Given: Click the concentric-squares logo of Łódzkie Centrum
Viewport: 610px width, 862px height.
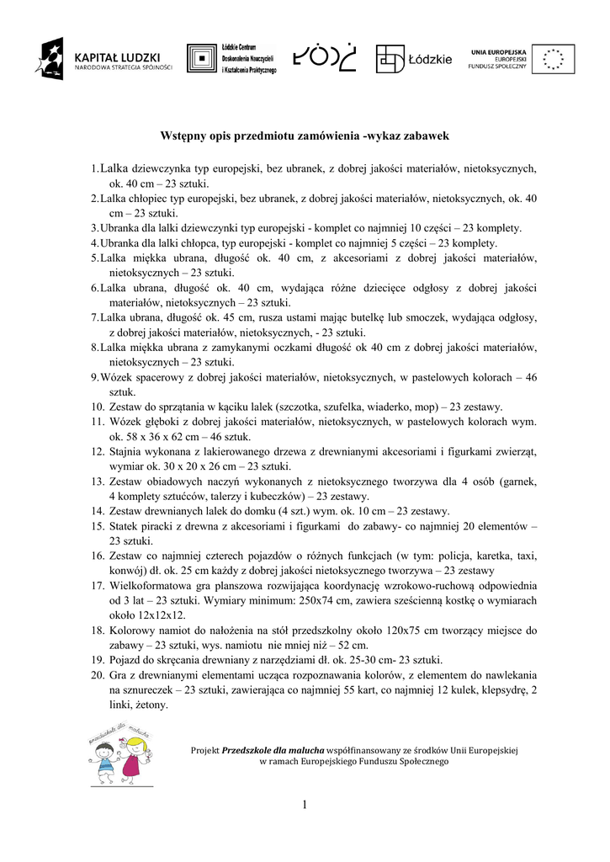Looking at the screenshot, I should (x=201, y=59).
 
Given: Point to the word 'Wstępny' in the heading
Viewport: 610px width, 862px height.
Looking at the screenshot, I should (x=184, y=135).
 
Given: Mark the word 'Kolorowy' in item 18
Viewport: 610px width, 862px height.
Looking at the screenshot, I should (x=132, y=630).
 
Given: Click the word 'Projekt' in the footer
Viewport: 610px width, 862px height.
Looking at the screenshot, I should (x=205, y=748).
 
